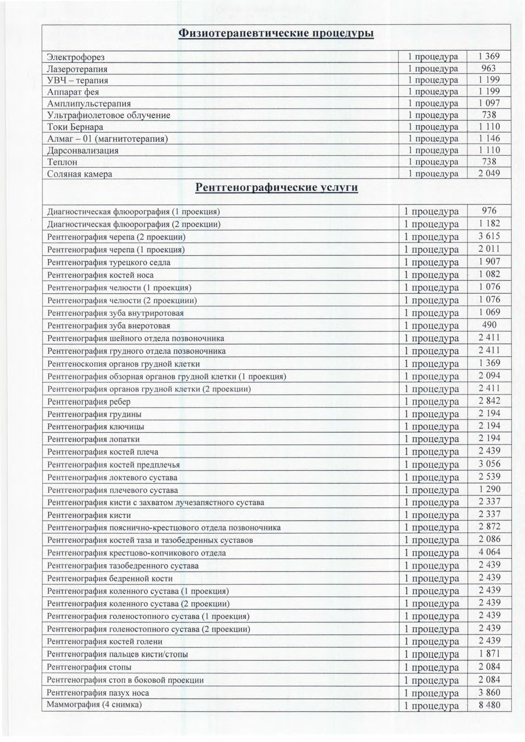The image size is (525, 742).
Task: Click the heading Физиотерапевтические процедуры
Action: tap(276, 33)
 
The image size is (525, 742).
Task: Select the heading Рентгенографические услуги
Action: tap(276, 188)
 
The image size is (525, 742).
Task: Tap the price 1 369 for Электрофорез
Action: tap(489, 56)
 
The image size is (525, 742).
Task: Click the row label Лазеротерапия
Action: tap(77, 69)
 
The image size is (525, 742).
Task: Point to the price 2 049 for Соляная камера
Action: tap(489, 173)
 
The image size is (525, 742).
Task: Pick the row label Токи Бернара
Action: tap(75, 127)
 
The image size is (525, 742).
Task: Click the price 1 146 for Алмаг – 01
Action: tap(489, 138)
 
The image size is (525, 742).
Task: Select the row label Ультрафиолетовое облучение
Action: tap(109, 115)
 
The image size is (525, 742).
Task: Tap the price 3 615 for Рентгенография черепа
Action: tap(489, 236)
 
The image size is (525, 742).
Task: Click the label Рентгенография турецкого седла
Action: tap(109, 262)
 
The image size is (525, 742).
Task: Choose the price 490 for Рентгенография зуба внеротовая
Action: tap(489, 325)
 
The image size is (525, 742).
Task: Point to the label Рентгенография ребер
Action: tap(89, 402)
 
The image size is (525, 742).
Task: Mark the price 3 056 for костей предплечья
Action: tap(489, 464)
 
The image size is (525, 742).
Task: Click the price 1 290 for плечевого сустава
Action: tap(489, 489)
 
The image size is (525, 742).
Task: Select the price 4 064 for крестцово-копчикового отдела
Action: tap(489, 552)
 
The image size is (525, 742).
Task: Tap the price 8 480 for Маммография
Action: tap(489, 705)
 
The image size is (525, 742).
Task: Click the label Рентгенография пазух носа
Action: tap(98, 693)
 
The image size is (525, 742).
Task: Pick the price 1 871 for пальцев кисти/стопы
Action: tap(489, 654)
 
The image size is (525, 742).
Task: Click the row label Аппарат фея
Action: tap(73, 92)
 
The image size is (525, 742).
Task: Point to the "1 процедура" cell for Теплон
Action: tap(433, 162)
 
